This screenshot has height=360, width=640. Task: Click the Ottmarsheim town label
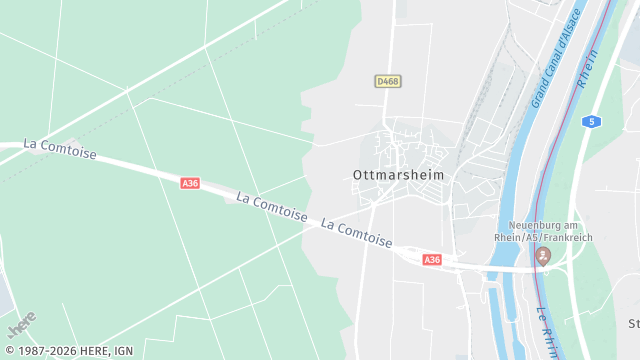click(398, 175)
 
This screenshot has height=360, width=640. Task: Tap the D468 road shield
click(389, 81)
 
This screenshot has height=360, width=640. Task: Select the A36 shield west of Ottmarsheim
click(190, 183)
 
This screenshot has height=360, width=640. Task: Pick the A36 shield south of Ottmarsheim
click(432, 260)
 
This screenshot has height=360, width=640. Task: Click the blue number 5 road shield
click(593, 121)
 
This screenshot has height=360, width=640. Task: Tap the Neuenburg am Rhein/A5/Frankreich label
click(543, 230)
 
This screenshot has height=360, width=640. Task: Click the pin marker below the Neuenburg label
click(543, 257)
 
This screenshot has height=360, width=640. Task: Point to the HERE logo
click(22, 325)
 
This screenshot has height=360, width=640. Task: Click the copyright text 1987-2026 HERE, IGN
click(68, 351)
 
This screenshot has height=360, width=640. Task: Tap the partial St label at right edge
click(633, 323)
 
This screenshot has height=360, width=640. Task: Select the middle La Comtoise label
click(271, 207)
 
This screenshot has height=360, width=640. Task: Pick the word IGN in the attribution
click(123, 351)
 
